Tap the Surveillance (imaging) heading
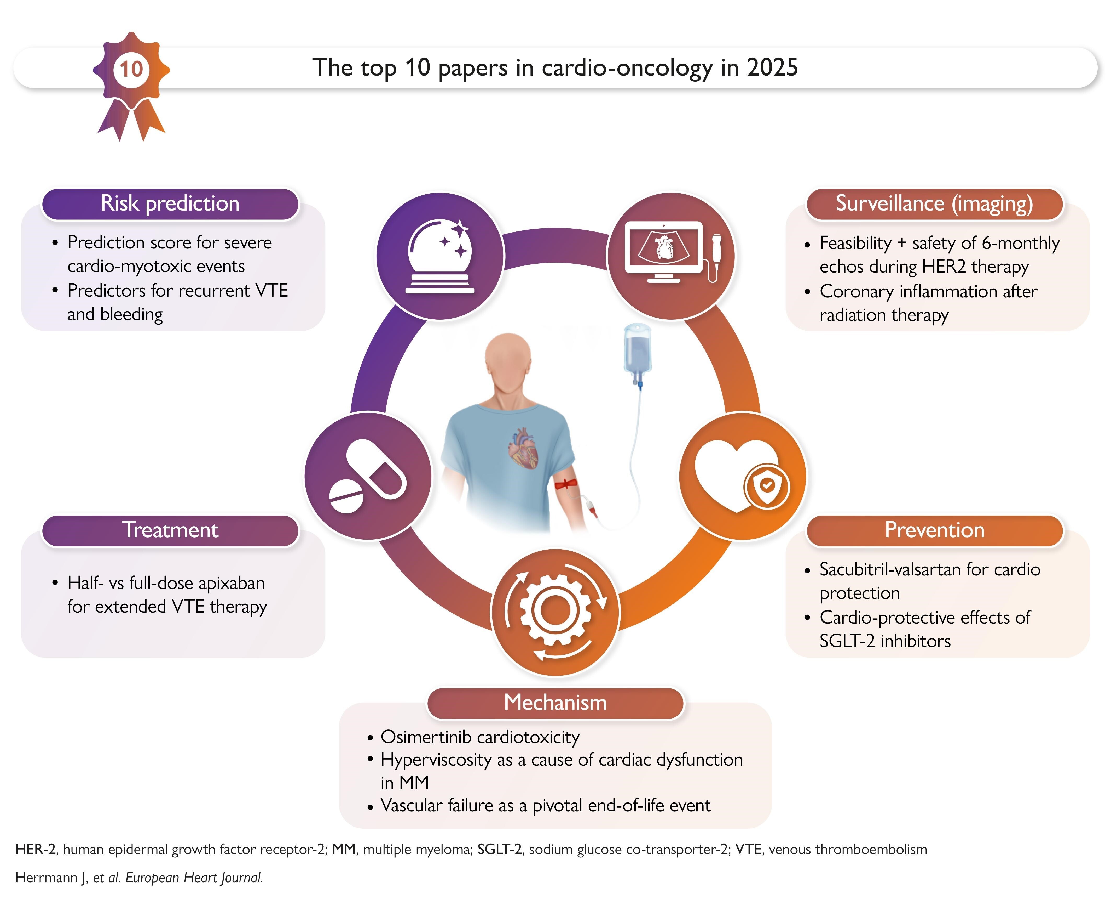pos(934,203)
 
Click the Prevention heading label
pos(934,530)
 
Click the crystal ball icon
pos(440,256)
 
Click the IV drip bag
pos(637,349)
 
